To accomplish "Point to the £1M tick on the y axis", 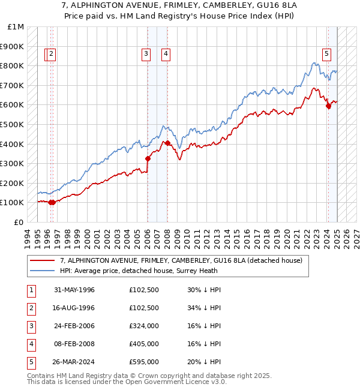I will tap(16, 27).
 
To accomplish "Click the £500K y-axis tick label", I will tap(13, 125).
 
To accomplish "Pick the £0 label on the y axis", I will tap(19, 222).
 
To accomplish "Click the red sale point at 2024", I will tap(328, 106).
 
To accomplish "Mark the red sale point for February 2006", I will tap(148, 159).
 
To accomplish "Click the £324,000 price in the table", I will tap(143, 326).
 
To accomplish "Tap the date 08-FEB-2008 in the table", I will tap(74, 344).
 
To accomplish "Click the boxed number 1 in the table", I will tap(31, 290).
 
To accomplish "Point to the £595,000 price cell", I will tap(143, 362).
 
